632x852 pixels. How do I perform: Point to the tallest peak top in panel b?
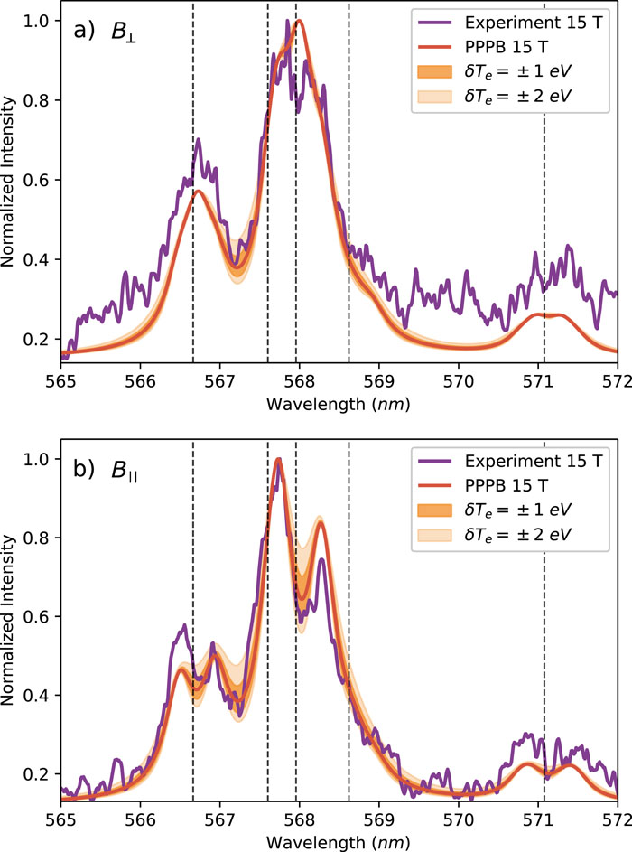(279, 460)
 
